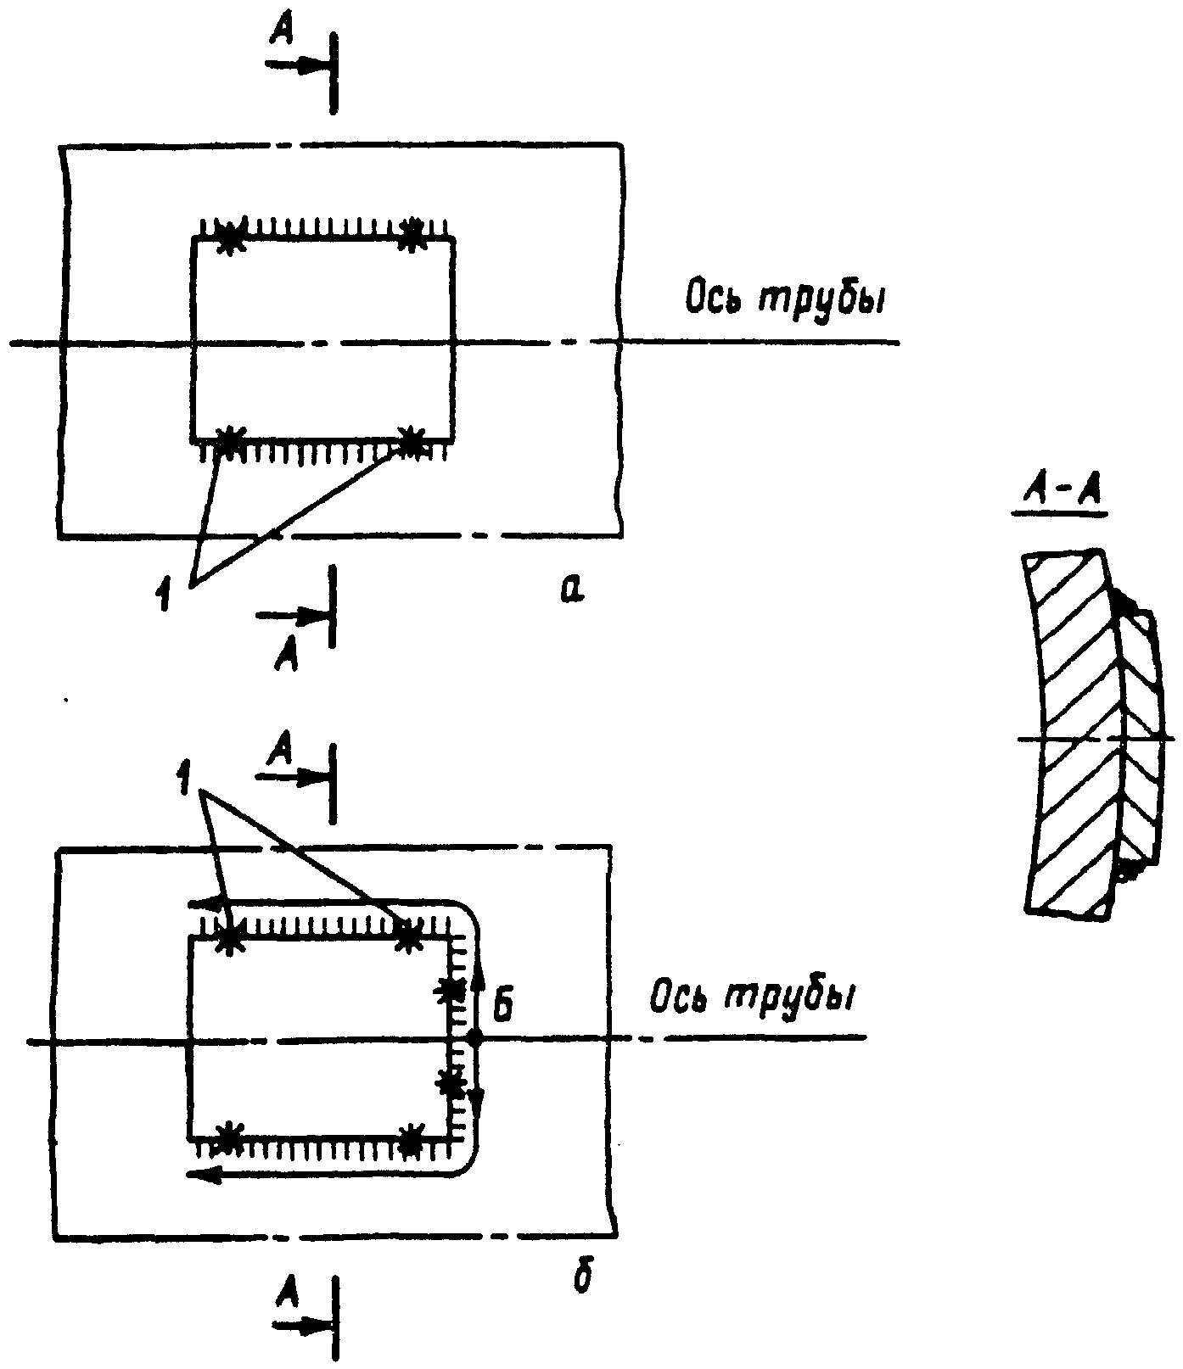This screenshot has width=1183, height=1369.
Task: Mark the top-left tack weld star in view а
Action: pos(229,237)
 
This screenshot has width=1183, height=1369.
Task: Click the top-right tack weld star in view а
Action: pos(412,235)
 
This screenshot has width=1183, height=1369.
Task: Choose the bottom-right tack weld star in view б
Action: pos(411,1138)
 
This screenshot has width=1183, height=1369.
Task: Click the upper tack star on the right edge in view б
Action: pos(451,989)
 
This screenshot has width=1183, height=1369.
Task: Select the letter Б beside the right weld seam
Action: pos(502,1007)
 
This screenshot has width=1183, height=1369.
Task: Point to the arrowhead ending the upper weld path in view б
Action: pos(207,903)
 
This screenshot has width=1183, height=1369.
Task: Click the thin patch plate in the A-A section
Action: pos(1137,738)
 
